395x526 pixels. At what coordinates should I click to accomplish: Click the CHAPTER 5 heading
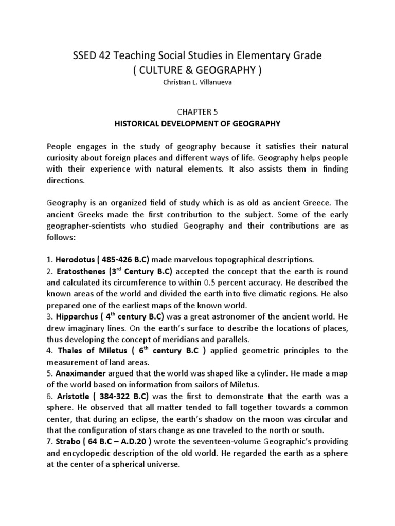[197, 111]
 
